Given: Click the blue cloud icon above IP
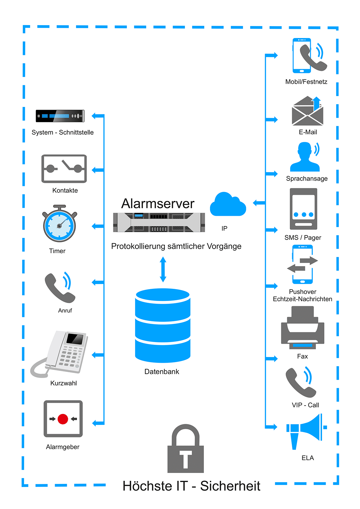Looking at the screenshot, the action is [228, 205].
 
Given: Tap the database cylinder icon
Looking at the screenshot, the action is [163, 325].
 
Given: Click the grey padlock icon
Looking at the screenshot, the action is [186, 449].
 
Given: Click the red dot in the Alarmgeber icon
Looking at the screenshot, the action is [63, 419].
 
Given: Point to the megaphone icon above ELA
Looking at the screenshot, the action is [306, 432].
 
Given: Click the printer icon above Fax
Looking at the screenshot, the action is [303, 327].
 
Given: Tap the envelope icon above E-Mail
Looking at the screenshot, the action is [307, 111].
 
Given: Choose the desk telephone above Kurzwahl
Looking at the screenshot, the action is [59, 354].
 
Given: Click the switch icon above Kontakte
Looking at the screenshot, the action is [64, 169].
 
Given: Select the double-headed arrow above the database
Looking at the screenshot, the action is [163, 269].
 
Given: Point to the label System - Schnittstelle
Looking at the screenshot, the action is [62, 132].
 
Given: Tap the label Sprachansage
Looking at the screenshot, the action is [307, 178].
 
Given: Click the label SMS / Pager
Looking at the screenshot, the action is [303, 238].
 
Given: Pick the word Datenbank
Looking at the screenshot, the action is [162, 372].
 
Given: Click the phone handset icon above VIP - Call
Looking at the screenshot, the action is [301, 382].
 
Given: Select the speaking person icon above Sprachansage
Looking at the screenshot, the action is [305, 157].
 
